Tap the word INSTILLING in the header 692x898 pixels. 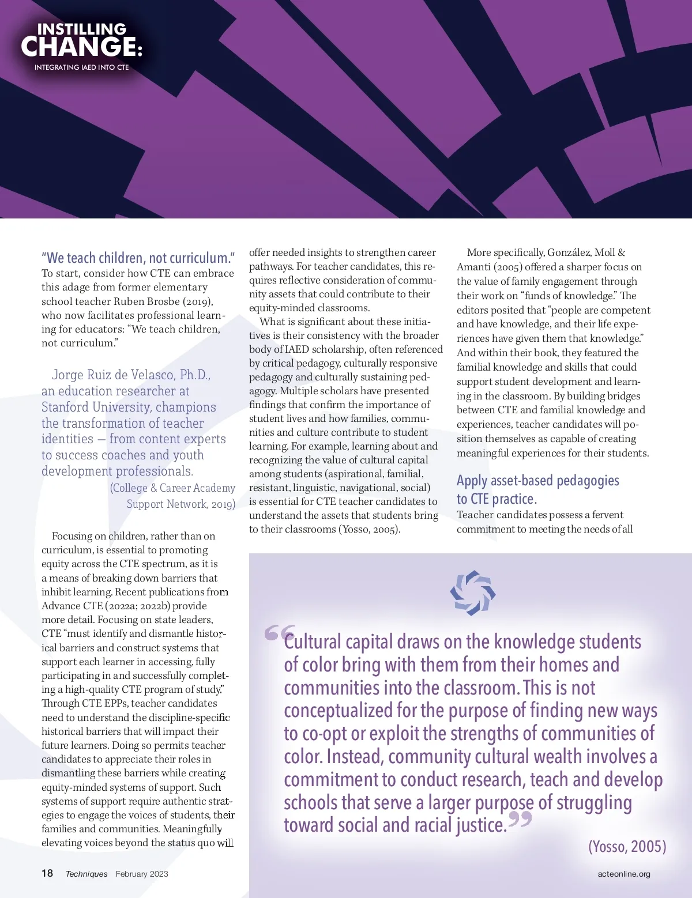click(x=81, y=29)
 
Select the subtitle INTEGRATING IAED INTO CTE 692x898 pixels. click(x=81, y=67)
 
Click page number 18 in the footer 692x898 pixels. click(x=47, y=873)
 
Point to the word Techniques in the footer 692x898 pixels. click(x=86, y=874)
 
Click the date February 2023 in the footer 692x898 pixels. click(x=142, y=874)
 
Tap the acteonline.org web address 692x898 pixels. click(x=624, y=874)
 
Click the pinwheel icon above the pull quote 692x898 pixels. click(x=472, y=593)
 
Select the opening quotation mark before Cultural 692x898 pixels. click(x=279, y=633)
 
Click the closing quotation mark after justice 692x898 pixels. click(x=520, y=819)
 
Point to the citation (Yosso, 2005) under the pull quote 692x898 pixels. click(x=627, y=846)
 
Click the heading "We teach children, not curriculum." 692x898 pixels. click(x=138, y=258)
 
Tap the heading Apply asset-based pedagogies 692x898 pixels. click(x=537, y=481)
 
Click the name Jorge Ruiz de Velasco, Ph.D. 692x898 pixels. click(x=131, y=375)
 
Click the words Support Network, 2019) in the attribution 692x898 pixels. click(x=180, y=504)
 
